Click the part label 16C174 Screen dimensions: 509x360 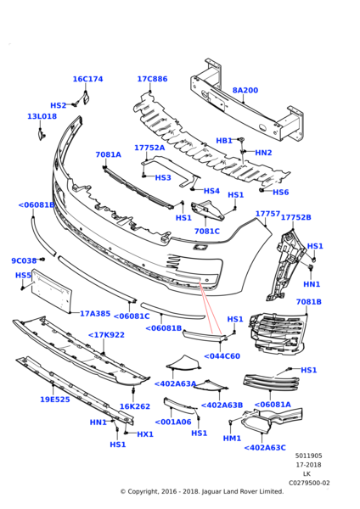tap(87, 79)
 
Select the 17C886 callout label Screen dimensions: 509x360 tap(152, 79)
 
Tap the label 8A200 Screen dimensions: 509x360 tap(245, 90)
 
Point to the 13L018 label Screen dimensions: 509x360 tap(42, 117)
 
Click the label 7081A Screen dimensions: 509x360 tap(108, 155)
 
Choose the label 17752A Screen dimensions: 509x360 tap(149, 148)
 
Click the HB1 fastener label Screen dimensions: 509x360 tap(223, 141)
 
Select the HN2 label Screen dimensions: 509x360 tap(263, 153)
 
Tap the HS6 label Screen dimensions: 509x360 tap(281, 193)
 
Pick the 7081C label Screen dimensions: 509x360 tap(206, 231)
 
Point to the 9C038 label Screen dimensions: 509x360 tap(24, 261)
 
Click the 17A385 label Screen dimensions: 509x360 tap(95, 313)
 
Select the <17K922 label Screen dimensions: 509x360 tap(106, 334)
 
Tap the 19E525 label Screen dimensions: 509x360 tap(55, 399)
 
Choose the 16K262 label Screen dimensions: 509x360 tap(134, 406)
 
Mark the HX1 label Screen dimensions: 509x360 tap(145, 434)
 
